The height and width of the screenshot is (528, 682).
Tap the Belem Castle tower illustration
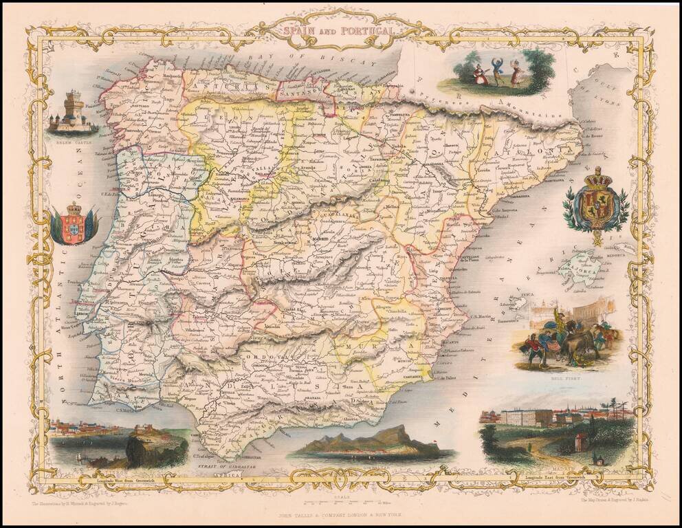point(73,112)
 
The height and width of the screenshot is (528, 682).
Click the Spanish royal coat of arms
point(595,204)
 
